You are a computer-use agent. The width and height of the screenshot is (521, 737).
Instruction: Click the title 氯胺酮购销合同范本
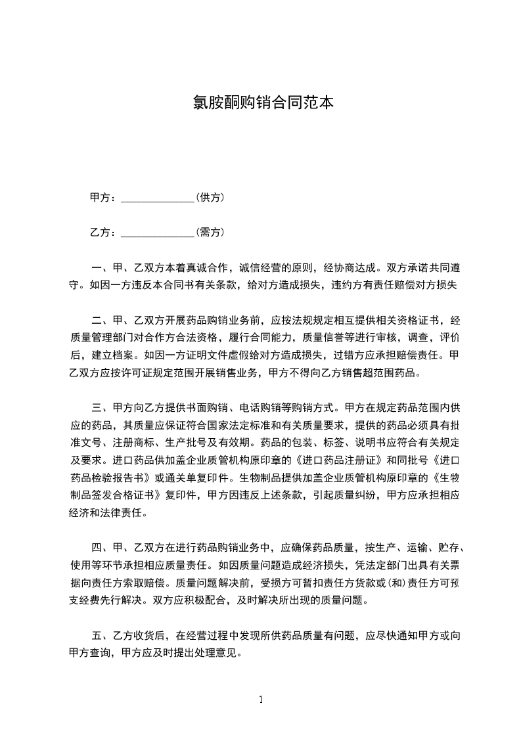click(x=260, y=102)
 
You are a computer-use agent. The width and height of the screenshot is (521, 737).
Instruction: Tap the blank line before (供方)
click(x=158, y=198)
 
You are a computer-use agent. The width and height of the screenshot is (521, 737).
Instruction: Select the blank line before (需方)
click(x=158, y=233)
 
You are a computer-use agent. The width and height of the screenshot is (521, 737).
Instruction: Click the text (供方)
click(x=210, y=197)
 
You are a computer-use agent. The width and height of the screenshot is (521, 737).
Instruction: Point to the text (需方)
click(x=210, y=232)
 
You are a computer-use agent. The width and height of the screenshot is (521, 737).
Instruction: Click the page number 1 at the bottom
click(x=261, y=700)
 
